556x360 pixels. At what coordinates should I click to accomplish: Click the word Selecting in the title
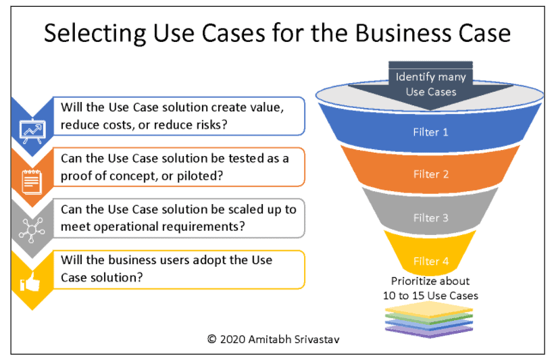(x=95, y=34)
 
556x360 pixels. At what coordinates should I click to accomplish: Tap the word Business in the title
(x=403, y=33)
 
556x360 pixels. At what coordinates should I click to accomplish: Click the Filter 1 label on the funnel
(x=430, y=132)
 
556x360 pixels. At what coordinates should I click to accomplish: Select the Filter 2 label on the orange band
(x=431, y=174)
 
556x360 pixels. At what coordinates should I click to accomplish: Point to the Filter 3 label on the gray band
(x=431, y=217)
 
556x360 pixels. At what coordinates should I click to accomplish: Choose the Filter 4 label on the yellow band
(x=431, y=261)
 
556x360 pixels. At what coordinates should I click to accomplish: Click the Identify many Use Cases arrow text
(x=431, y=84)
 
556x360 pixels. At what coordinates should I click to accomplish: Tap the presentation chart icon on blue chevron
(x=32, y=131)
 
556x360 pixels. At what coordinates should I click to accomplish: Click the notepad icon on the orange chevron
(x=32, y=182)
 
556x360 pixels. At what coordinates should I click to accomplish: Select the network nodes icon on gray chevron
(x=32, y=230)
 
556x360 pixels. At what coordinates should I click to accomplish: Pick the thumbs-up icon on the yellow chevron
(x=30, y=282)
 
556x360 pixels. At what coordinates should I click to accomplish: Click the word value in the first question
(x=267, y=107)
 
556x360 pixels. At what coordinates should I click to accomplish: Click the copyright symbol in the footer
(x=211, y=340)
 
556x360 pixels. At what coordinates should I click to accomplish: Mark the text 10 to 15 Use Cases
(x=430, y=296)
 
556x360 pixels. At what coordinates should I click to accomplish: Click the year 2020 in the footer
(x=232, y=340)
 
